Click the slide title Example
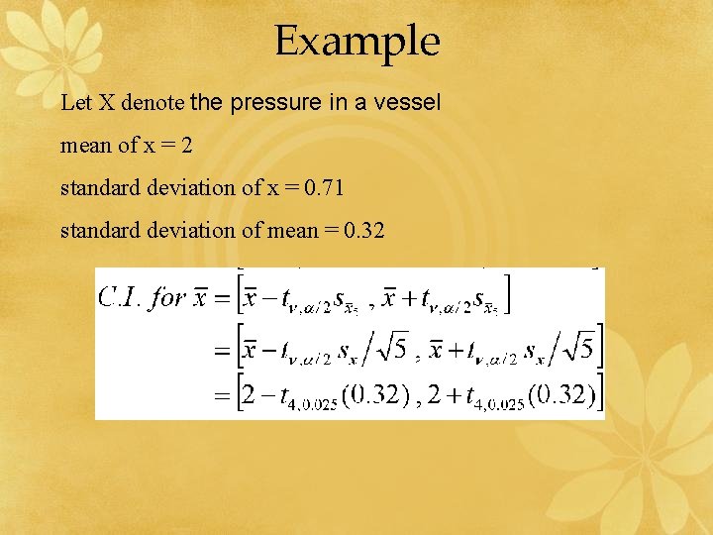[356, 43]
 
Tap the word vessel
[408, 102]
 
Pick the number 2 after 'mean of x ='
[187, 145]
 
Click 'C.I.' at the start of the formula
[120, 298]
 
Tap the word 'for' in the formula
[166, 298]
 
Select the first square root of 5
[393, 349]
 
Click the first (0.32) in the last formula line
[374, 396]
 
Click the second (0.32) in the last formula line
[560, 396]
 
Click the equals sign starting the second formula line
[222, 350]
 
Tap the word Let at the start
[73, 102]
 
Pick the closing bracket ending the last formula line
[599, 396]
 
